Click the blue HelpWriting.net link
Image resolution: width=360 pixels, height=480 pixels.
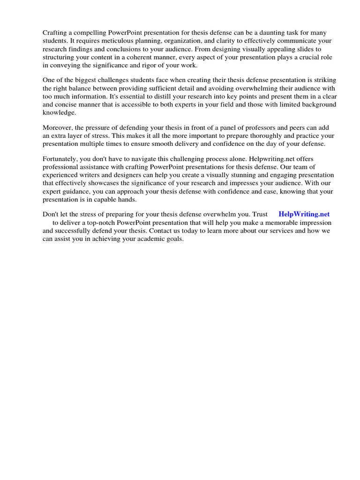coord(304,214)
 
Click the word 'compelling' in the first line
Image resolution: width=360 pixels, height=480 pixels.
coord(90,32)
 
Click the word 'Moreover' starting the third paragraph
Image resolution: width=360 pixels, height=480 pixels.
coord(58,127)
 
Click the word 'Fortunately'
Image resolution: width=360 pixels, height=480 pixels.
coord(60,159)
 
